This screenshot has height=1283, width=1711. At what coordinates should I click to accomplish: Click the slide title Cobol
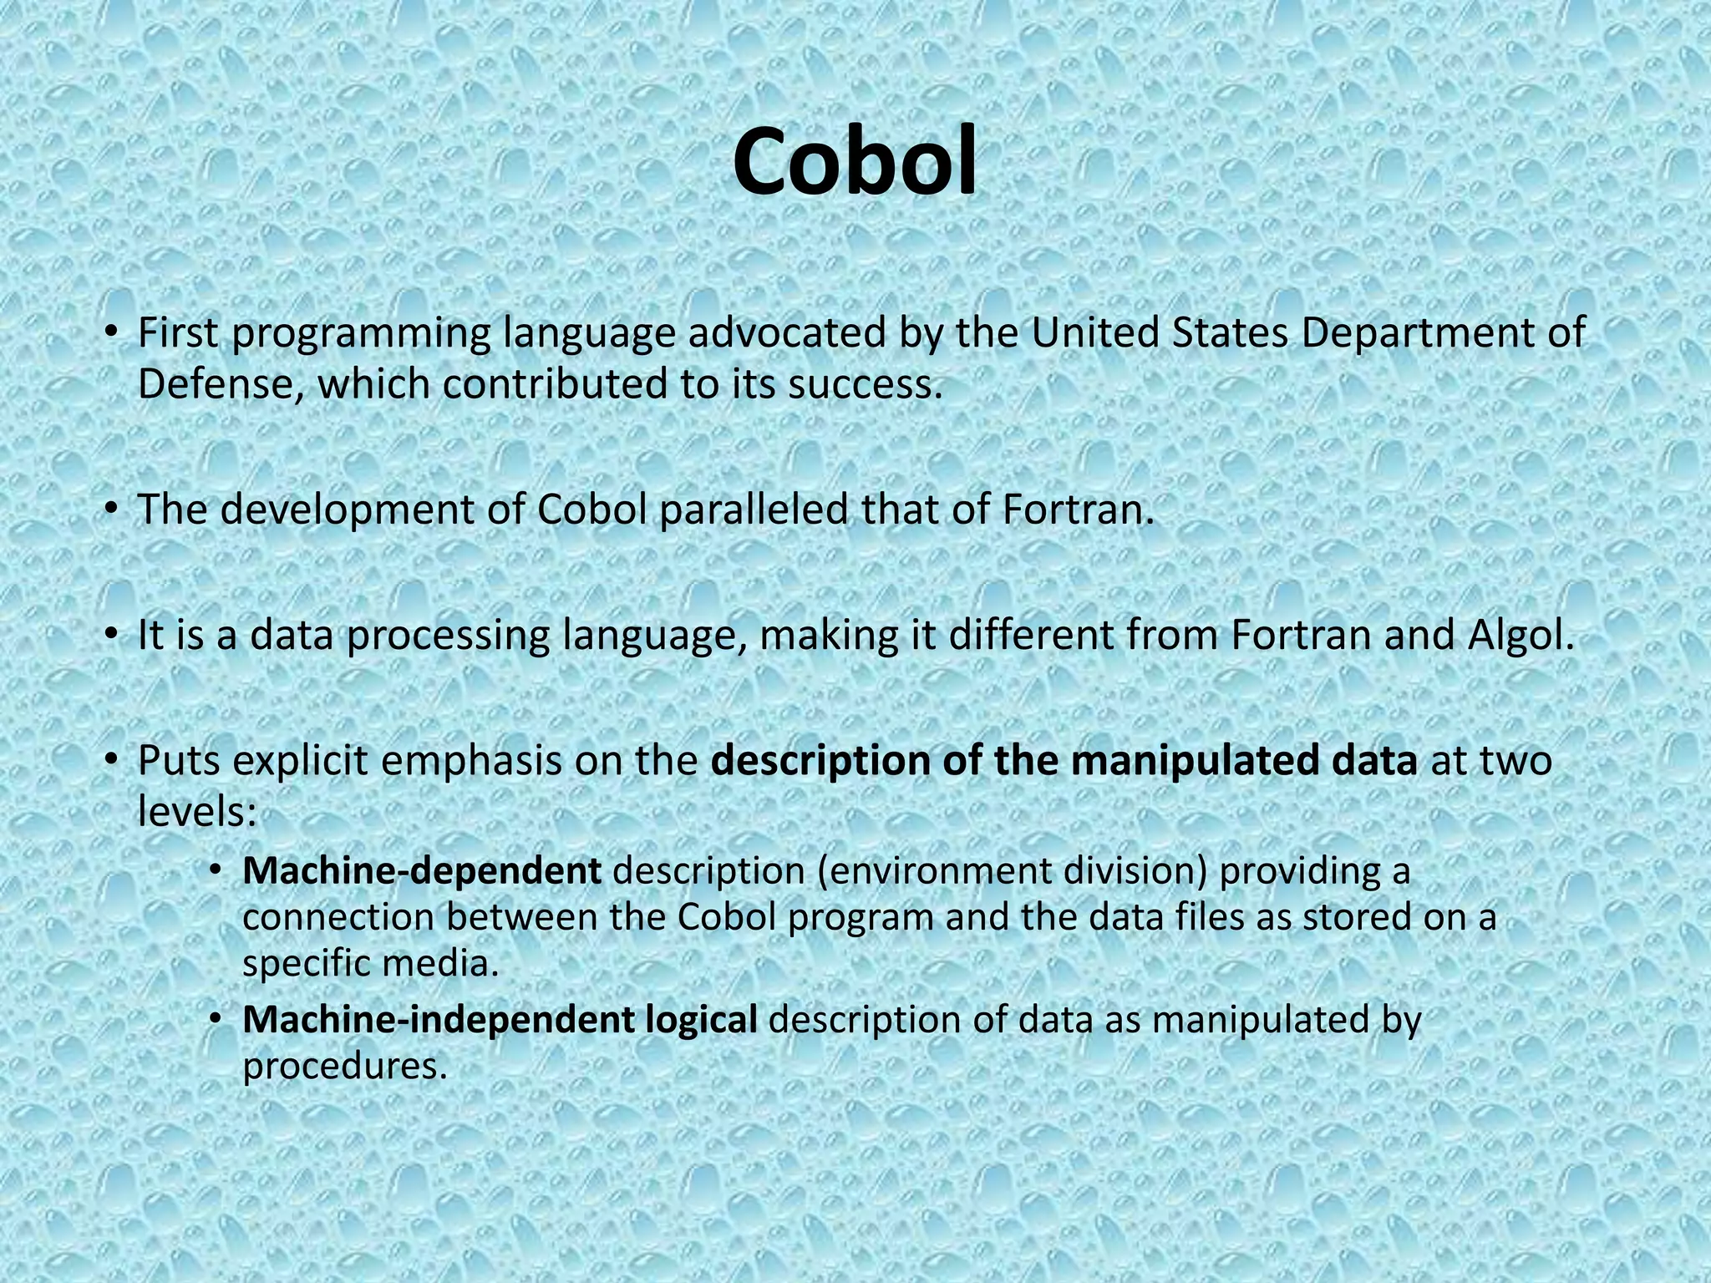(x=855, y=162)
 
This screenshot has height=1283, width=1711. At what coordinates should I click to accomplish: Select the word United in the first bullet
(x=1094, y=333)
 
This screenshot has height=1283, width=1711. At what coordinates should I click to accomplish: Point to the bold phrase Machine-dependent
(x=421, y=871)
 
